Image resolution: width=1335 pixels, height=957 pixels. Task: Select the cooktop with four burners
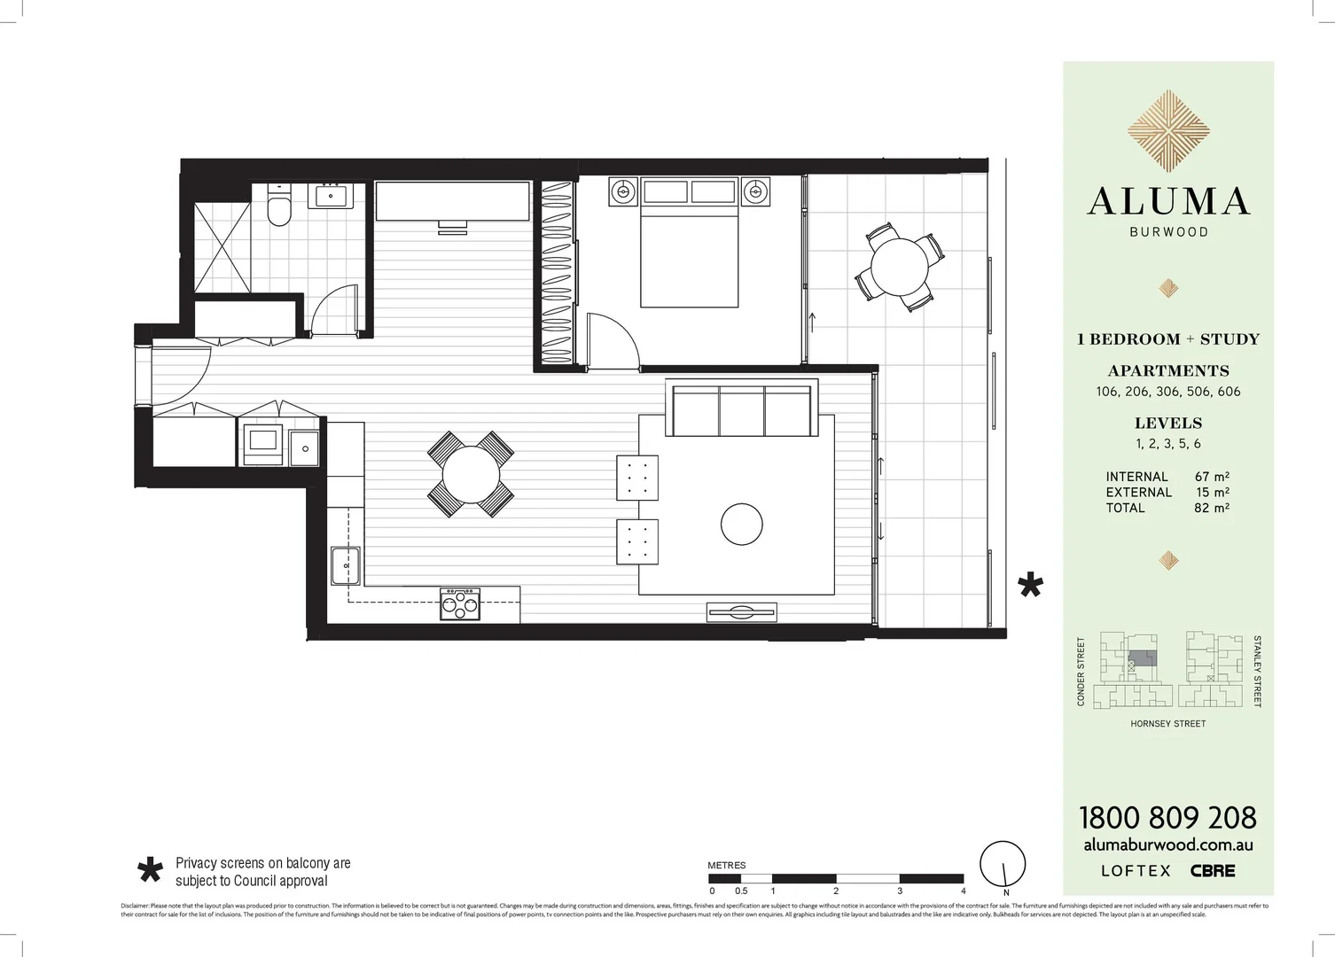[459, 605]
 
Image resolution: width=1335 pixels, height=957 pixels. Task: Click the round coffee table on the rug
[741, 525]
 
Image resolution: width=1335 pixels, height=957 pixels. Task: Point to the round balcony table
[899, 266]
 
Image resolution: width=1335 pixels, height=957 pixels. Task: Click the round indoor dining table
[471, 474]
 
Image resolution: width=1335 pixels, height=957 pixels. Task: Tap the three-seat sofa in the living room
[742, 411]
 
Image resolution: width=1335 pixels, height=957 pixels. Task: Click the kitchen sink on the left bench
[345, 566]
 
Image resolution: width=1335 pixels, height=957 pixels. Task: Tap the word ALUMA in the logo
[1168, 202]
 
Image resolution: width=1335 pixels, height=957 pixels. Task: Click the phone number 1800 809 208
[1167, 817]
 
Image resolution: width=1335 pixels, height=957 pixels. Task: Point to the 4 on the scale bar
[963, 891]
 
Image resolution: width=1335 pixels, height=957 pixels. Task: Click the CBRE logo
[1212, 871]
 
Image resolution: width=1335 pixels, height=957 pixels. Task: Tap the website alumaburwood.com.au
[1167, 845]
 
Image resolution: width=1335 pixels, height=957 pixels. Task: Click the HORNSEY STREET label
[1167, 724]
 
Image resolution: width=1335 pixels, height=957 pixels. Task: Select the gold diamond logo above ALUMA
[1168, 130]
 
